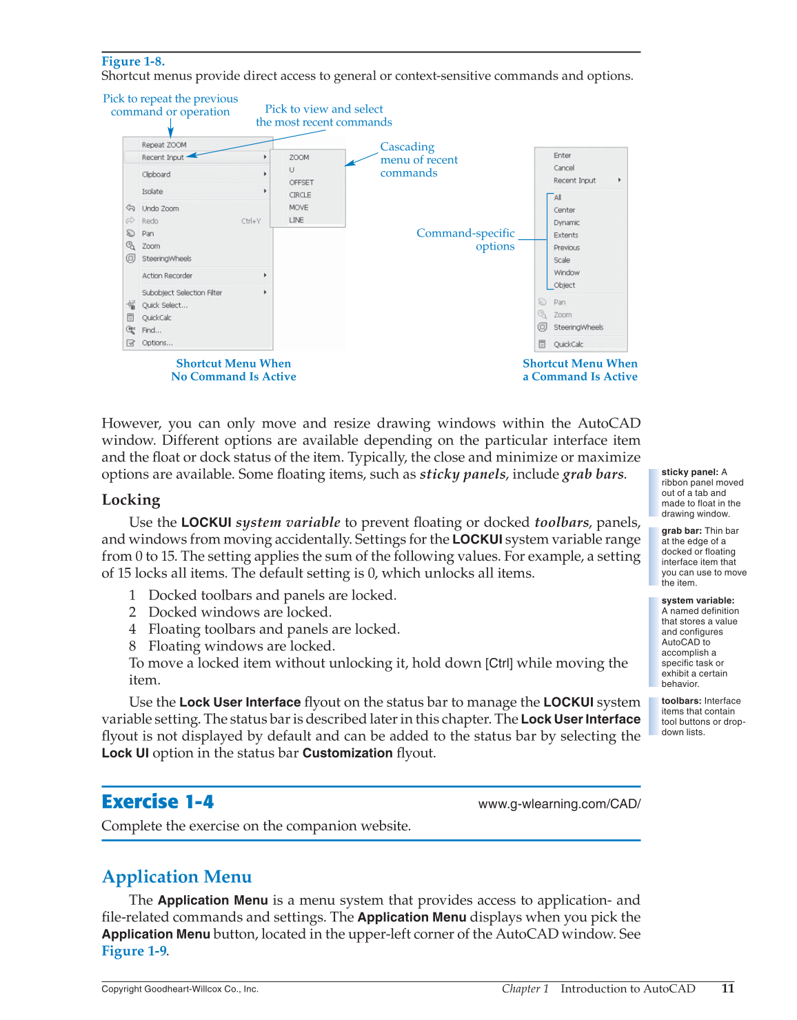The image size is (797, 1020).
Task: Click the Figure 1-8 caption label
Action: click(133, 61)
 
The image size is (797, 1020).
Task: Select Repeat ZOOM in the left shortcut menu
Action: click(164, 145)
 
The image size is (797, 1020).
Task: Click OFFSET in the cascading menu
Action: click(301, 183)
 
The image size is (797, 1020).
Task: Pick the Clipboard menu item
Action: click(156, 174)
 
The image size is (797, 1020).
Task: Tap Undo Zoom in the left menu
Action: click(160, 208)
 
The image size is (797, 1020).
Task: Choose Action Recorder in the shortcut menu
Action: click(167, 276)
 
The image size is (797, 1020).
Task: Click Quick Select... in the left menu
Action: click(164, 306)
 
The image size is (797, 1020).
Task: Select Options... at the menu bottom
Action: click(157, 343)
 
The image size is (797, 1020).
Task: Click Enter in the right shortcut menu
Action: click(562, 156)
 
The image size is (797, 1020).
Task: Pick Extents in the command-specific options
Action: click(565, 235)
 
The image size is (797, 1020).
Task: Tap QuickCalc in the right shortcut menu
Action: click(568, 344)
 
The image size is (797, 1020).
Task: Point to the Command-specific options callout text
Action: click(466, 239)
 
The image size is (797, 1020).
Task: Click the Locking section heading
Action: click(131, 500)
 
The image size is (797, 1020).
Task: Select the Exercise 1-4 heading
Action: click(157, 801)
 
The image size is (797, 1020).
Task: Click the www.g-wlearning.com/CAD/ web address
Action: click(559, 804)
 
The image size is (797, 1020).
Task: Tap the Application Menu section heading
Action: click(176, 877)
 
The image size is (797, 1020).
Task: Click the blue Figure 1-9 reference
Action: click(134, 951)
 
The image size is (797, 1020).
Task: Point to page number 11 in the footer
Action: click(727, 988)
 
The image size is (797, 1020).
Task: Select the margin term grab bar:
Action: click(681, 531)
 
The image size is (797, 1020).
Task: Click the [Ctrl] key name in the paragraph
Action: click(498, 663)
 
